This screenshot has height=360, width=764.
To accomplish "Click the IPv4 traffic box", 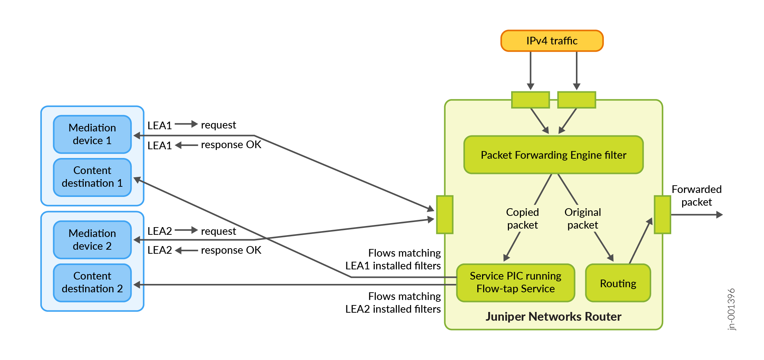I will click(552, 41).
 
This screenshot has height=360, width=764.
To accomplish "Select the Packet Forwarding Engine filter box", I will click(553, 155).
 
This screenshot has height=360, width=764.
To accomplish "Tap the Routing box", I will click(618, 283).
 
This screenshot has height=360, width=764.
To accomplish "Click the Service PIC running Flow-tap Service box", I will click(516, 282).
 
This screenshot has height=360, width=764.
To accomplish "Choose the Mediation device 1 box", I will click(92, 134).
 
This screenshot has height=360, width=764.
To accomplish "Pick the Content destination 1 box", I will click(92, 177).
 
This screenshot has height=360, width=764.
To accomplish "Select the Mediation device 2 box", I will click(92, 240).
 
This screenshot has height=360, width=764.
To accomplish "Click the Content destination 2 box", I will click(92, 282).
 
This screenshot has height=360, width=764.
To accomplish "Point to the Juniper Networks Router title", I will click(553, 317).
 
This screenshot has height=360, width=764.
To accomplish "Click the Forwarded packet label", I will click(696, 195).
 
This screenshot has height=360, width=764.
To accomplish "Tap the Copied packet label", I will click(522, 218).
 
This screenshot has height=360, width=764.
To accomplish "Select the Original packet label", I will click(582, 218).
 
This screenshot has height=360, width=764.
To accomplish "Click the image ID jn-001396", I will click(731, 309).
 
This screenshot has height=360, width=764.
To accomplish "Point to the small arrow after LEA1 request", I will click(186, 124).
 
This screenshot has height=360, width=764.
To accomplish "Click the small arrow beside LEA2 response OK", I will click(186, 250).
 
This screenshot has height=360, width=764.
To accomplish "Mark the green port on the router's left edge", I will click(445, 214).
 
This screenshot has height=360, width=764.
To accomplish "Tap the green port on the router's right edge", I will click(662, 214).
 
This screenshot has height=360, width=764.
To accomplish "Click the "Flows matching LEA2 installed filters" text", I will click(393, 302).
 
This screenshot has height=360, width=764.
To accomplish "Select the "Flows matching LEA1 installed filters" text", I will click(393, 259).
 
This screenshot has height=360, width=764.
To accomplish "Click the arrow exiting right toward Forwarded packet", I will click(697, 215).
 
